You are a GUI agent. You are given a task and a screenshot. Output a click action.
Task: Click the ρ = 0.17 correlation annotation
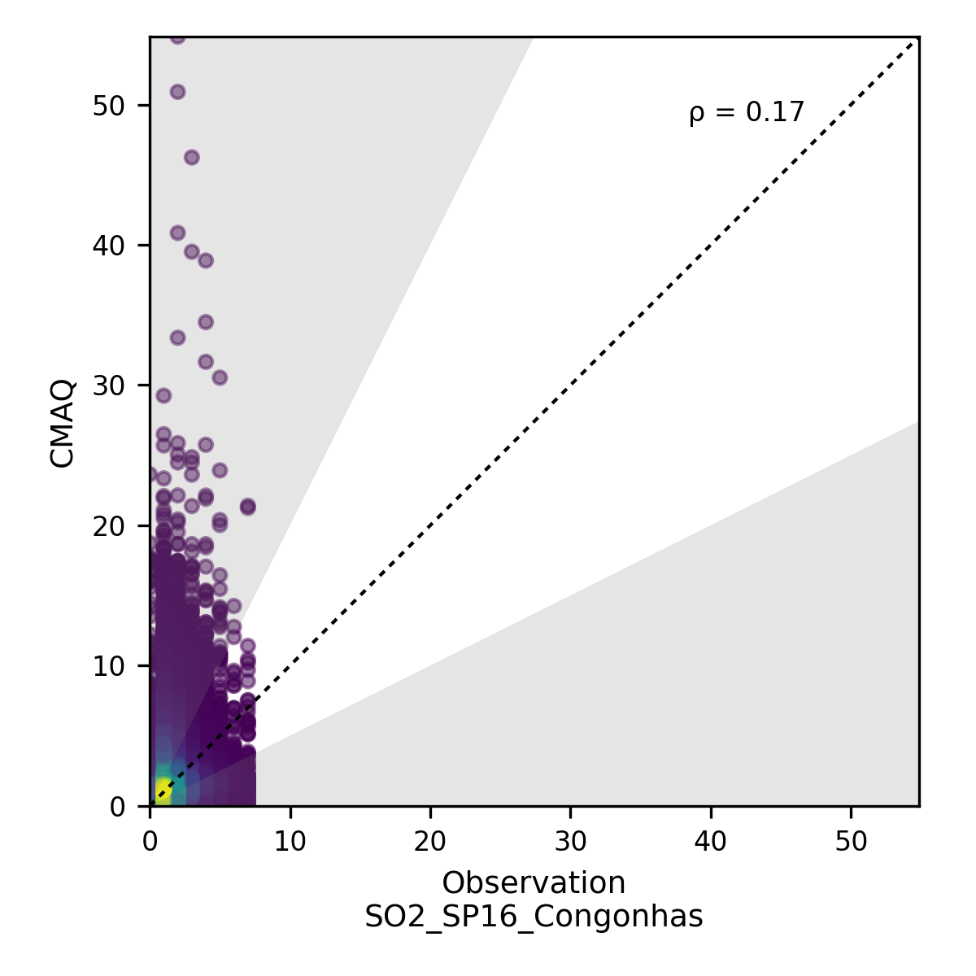(746, 112)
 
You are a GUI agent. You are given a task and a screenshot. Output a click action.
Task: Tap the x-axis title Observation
(534, 882)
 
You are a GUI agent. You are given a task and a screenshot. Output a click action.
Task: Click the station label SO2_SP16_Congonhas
(534, 917)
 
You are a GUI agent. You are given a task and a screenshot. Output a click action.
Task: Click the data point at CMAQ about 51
(177, 92)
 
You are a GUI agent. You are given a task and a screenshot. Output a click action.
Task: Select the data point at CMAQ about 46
(192, 158)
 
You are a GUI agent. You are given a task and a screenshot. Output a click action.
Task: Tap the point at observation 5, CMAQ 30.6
(220, 377)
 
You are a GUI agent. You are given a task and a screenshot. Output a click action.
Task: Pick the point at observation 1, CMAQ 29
(163, 396)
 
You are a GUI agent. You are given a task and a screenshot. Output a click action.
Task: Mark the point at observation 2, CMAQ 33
(177, 338)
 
